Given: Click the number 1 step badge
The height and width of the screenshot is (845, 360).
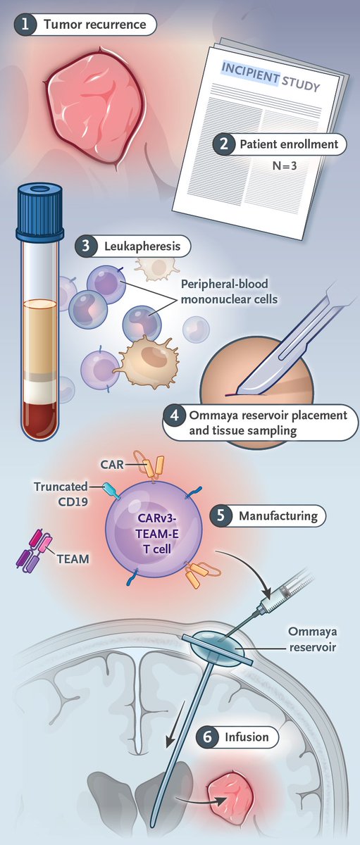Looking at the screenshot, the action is (x=25, y=25).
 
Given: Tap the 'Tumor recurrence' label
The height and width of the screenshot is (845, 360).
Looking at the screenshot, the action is (x=94, y=25).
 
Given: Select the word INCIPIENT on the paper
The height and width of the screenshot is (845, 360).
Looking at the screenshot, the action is (x=250, y=73).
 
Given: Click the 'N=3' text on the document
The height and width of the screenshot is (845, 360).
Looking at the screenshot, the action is (x=285, y=165).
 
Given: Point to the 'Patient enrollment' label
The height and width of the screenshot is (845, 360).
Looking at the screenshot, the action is (x=289, y=144).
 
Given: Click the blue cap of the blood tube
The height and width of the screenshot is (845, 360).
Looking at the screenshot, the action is (x=39, y=213).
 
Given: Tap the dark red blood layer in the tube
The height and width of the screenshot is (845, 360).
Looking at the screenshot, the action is (x=39, y=418).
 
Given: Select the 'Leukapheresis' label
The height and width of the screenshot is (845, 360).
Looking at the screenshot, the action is (x=142, y=246).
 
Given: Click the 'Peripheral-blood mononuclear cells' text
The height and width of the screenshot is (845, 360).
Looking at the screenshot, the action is (x=229, y=292).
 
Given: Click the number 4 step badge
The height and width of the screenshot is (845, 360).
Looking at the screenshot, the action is (x=174, y=415).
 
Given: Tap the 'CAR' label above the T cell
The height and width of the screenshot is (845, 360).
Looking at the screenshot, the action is (x=112, y=464).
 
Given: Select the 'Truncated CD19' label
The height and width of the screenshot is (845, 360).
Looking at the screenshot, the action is (x=61, y=494).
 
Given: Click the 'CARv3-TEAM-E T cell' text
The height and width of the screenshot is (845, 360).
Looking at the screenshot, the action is (x=157, y=534).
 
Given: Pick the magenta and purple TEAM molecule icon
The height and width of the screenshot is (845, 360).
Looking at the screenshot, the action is (x=33, y=548).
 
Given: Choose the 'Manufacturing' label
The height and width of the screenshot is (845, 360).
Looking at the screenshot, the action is (x=278, y=515).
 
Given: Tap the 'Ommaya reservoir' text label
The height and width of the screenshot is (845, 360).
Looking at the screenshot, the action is (x=313, y=639).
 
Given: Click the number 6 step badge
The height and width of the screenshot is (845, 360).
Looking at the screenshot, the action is (x=208, y=737).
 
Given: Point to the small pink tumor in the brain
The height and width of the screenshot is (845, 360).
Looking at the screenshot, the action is (x=230, y=793).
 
